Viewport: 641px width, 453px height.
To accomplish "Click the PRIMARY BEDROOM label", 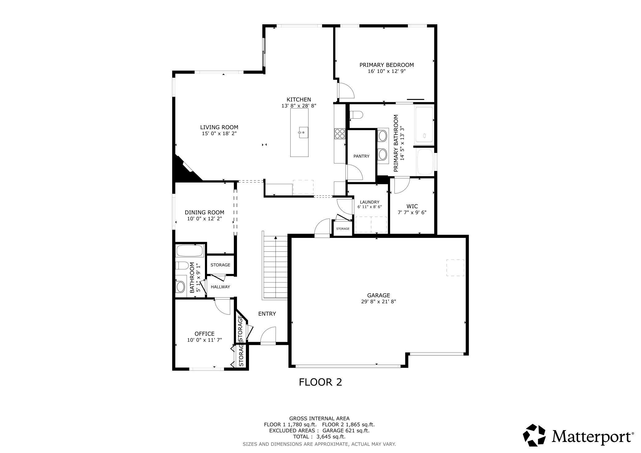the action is pyautogui.click(x=386, y=65).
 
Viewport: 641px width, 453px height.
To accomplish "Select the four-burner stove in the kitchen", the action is pyautogui.click(x=340, y=134).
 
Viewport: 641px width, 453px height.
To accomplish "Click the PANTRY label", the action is pyautogui.click(x=361, y=156).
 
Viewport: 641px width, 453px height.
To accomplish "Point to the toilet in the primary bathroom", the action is pyautogui.click(x=356, y=115).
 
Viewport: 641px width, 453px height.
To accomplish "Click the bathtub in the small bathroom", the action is pyautogui.click(x=190, y=251).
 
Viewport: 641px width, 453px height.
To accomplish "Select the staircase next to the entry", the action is pyautogui.click(x=275, y=267).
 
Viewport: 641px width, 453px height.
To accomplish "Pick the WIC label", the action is pyautogui.click(x=412, y=206).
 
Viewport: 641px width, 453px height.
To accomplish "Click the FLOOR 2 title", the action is pyautogui.click(x=320, y=382).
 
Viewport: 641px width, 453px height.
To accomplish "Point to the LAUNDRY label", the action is pyautogui.click(x=369, y=202).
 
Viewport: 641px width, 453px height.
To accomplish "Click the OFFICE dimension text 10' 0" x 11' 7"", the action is pyautogui.click(x=205, y=340).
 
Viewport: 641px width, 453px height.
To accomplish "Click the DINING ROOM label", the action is pyautogui.click(x=204, y=212).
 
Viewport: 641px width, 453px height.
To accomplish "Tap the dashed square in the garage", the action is pyautogui.click(x=455, y=267).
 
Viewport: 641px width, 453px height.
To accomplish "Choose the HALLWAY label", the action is pyautogui.click(x=220, y=287).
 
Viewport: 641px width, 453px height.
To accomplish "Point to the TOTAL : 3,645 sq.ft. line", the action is pyautogui.click(x=319, y=437).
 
